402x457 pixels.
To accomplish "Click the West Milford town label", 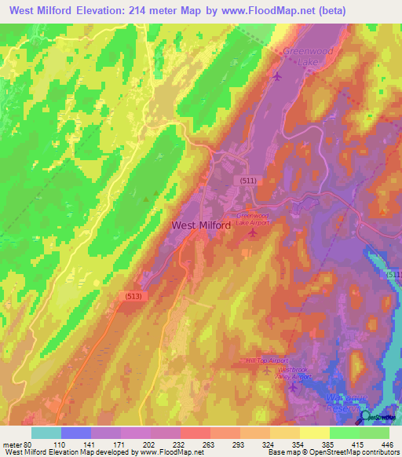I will [201, 225].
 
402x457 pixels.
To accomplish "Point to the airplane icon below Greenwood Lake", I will [277, 76].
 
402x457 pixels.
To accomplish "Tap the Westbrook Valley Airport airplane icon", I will [294, 386].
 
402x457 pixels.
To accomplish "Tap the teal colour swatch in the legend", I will [46, 433].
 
